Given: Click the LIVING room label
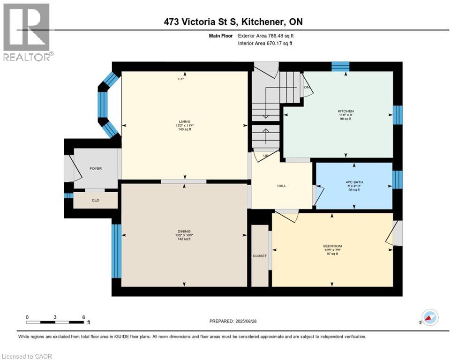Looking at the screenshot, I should [x=184, y=121].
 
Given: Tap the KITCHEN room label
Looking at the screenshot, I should [x=346, y=111].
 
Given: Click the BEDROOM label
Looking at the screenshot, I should [x=332, y=246].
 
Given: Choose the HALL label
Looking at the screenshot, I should [x=281, y=186].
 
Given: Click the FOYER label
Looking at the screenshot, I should [x=96, y=169].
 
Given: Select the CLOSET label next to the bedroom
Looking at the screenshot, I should [x=259, y=256].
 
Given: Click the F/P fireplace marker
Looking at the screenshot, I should [x=180, y=79].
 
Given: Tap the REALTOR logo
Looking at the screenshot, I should [x=27, y=33].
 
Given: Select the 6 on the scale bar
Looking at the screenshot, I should [x=83, y=317].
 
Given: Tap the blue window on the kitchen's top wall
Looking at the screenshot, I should [x=340, y=67].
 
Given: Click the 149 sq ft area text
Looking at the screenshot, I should [x=184, y=129].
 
